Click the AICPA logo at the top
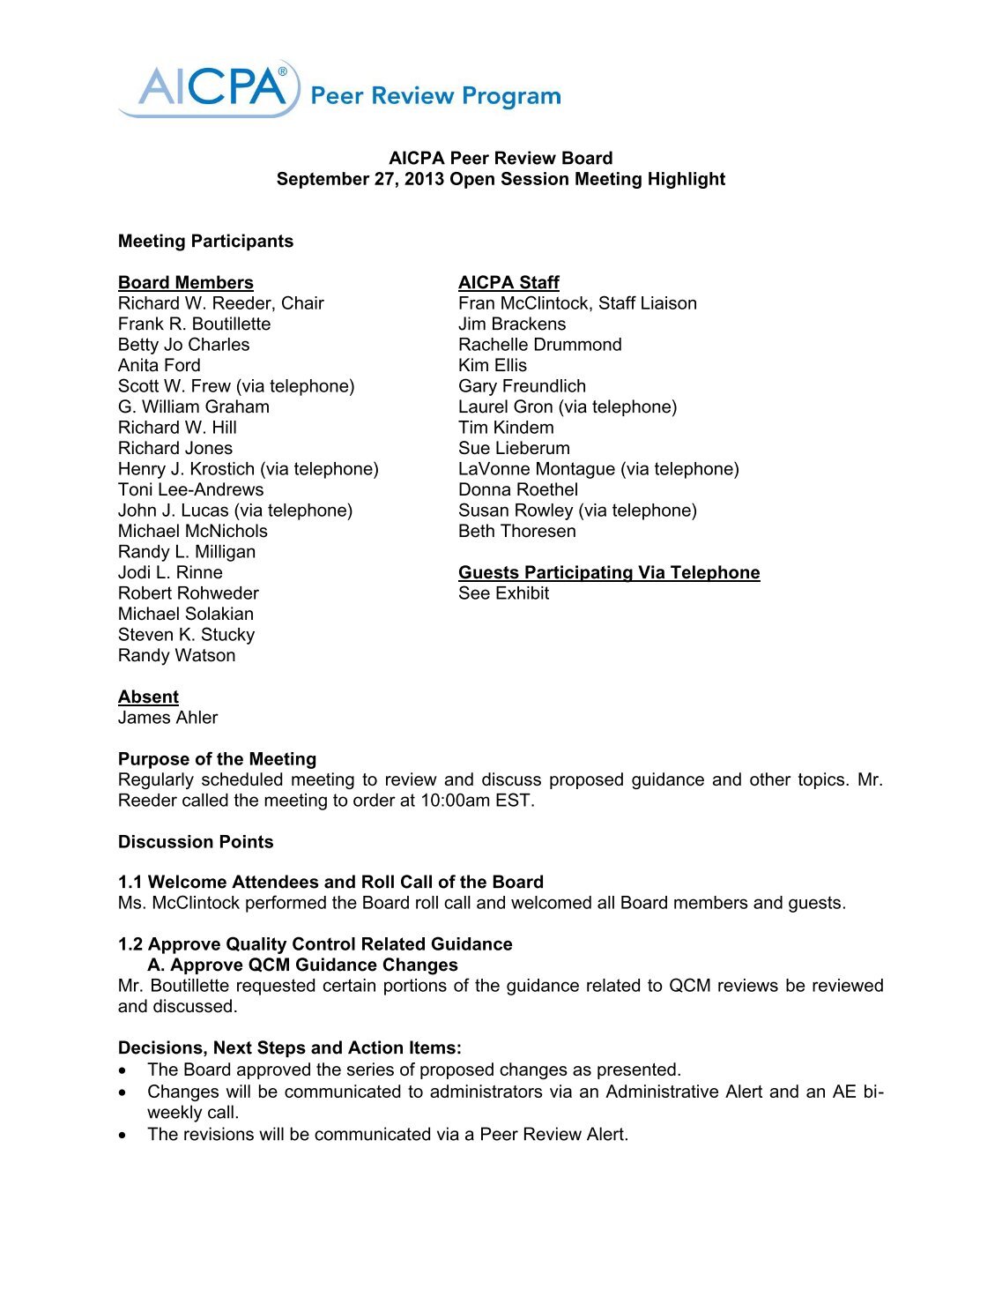coord(212,88)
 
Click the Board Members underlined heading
coord(185,283)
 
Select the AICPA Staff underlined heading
coord(508,283)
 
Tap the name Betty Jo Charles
coord(183,345)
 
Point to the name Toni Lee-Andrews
coord(190,490)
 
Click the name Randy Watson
coord(176,656)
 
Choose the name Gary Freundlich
coord(522,386)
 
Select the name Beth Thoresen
coord(516,532)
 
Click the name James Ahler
coord(167,718)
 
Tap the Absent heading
coord(148,697)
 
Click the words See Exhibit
coord(503,593)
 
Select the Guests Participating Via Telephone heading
coord(608,573)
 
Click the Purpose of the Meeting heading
coord(217,759)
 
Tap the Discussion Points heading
coord(196,842)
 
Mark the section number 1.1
coord(130,883)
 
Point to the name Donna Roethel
coord(518,490)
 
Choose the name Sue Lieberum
coord(514,449)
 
